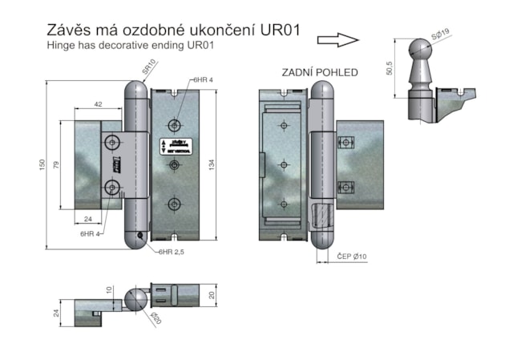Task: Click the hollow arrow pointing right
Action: pos(337,39)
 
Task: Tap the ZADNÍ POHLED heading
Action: pos(319,72)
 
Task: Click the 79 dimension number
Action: pos(57,166)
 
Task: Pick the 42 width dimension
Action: pos(98,105)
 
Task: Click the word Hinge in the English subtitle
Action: pos(61,46)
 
